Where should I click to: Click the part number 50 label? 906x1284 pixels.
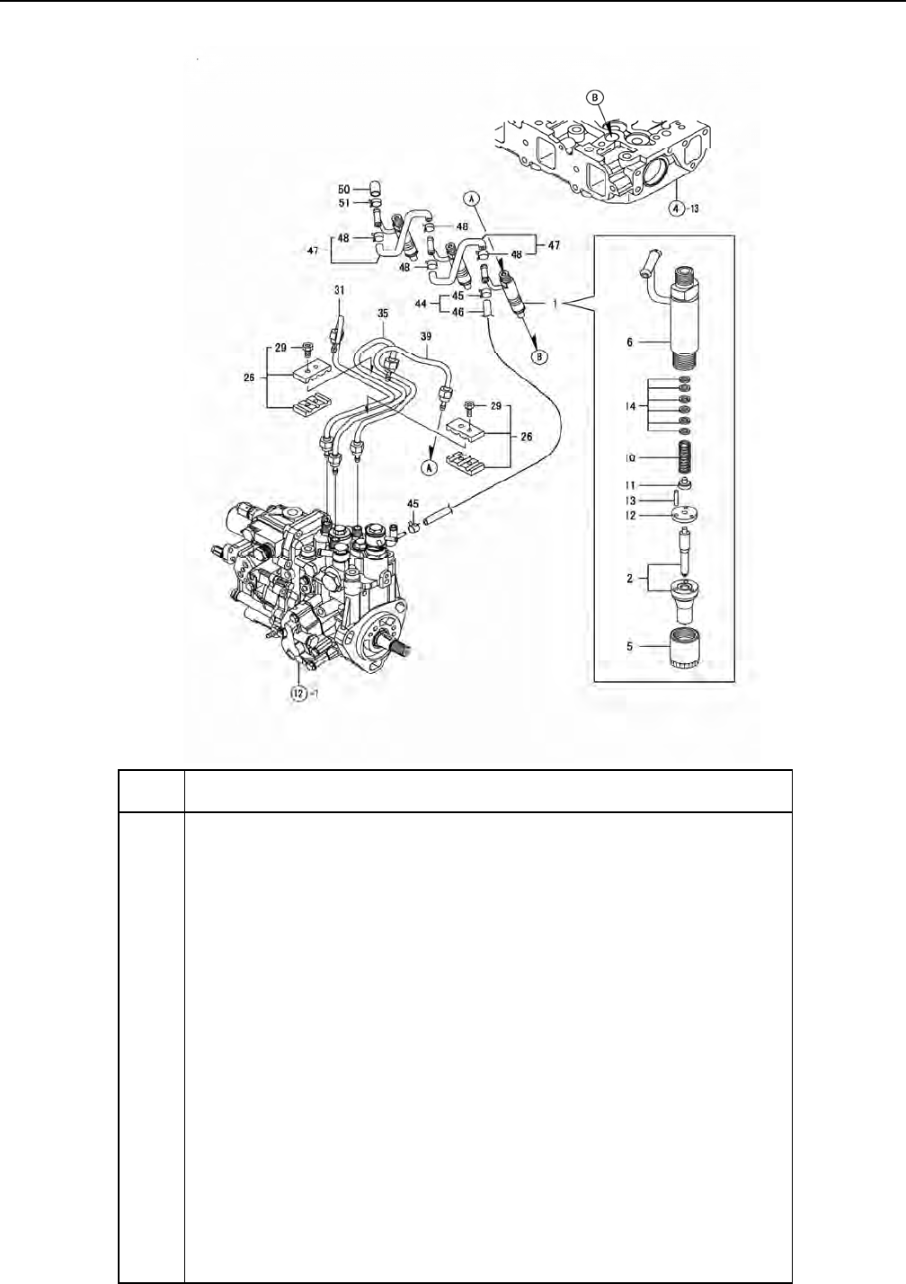tap(344, 190)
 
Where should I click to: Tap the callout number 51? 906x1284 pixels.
tap(344, 203)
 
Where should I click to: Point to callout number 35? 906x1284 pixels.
tap(382, 314)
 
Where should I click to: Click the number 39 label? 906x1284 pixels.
tap(425, 334)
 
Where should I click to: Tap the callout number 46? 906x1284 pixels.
tap(458, 314)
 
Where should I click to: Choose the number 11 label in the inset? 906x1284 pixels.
tap(631, 486)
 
